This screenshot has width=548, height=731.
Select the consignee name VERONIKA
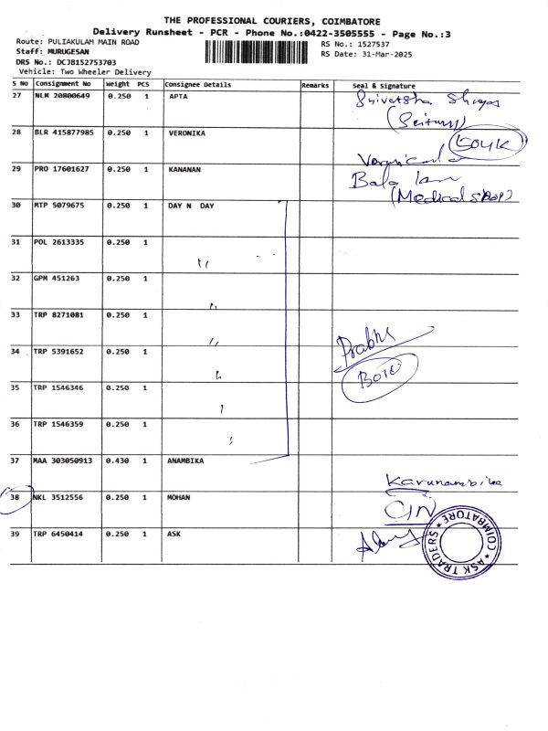tap(187, 132)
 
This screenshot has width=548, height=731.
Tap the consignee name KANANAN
tap(186, 169)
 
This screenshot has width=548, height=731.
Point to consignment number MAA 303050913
tap(63, 461)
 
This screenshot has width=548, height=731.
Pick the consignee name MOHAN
tap(180, 497)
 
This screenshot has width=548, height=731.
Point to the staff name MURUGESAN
tap(60, 52)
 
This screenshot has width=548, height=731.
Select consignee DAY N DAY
tap(191, 206)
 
